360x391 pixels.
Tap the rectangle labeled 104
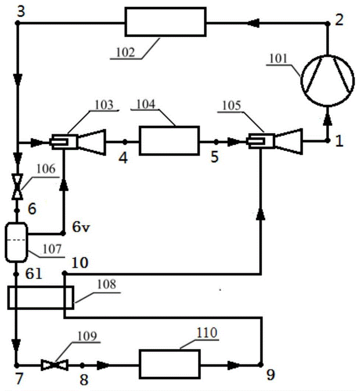pyautogui.click(x=169, y=141)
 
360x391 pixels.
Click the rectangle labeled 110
pyautogui.click(x=169, y=364)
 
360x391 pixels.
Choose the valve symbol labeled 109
pyautogui.click(x=55, y=365)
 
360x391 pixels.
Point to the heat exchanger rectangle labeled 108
pyautogui.click(x=40, y=297)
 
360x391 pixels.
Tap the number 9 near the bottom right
pyautogui.click(x=270, y=376)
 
